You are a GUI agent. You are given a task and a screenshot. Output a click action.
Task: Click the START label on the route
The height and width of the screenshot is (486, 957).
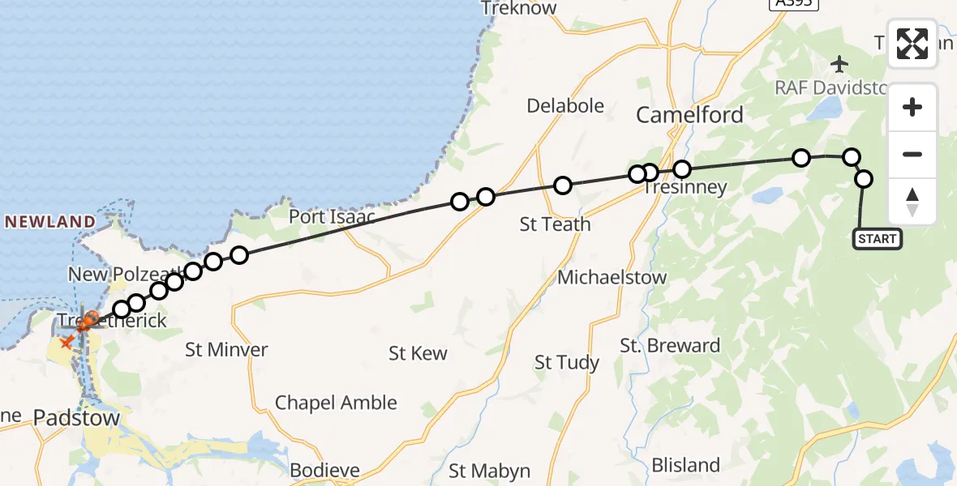point(877,239)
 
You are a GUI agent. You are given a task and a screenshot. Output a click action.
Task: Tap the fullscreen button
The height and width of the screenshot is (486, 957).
point(912,44)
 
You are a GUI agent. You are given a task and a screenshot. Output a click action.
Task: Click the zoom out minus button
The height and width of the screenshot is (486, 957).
point(912,154)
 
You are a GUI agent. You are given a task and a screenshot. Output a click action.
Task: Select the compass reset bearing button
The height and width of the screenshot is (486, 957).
point(912,202)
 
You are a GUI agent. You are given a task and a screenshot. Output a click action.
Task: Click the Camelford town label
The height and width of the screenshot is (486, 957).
point(689,115)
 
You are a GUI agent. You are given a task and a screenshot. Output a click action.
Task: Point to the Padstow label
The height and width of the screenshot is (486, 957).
point(77,419)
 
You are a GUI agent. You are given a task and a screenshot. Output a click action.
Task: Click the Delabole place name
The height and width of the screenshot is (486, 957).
point(565,106)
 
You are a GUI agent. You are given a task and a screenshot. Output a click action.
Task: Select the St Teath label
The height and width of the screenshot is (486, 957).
point(555,224)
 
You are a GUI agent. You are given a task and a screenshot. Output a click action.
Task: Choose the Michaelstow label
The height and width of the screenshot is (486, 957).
point(612,277)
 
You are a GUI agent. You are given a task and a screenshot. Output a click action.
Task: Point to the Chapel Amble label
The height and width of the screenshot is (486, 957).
point(336,403)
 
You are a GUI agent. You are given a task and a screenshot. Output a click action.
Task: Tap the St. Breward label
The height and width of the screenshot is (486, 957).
point(671,346)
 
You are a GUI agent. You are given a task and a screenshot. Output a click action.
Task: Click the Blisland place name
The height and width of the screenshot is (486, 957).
point(685,465)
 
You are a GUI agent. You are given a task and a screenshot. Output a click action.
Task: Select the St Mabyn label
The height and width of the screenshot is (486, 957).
point(490,471)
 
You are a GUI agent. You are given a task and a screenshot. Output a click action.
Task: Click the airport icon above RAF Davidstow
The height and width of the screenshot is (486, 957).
point(839,63)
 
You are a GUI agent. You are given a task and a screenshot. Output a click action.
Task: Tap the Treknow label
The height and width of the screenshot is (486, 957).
point(518,9)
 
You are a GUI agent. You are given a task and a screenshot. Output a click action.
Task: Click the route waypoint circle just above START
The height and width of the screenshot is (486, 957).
point(864,179)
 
